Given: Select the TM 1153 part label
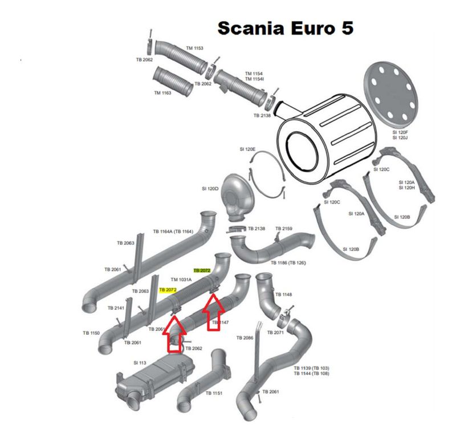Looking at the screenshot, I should pyautogui.click(x=194, y=48).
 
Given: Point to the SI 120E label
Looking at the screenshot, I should pyautogui.click(x=247, y=149).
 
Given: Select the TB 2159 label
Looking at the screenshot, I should pyautogui.click(x=284, y=229).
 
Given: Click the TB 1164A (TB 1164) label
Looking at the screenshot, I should pyautogui.click(x=173, y=232).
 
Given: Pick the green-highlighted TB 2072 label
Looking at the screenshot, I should pyautogui.click(x=202, y=270).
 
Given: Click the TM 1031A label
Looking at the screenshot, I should pyautogui.click(x=182, y=279).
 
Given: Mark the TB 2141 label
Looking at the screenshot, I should pyautogui.click(x=116, y=308).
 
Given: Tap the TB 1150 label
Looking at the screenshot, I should pyautogui.click(x=91, y=332).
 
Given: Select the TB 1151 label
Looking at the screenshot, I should pyautogui.click(x=214, y=393).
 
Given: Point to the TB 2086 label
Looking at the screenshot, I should pyautogui.click(x=245, y=338).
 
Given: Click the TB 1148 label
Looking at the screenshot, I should pyautogui.click(x=283, y=295).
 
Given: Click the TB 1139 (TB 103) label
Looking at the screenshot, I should pyautogui.click(x=311, y=368).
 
